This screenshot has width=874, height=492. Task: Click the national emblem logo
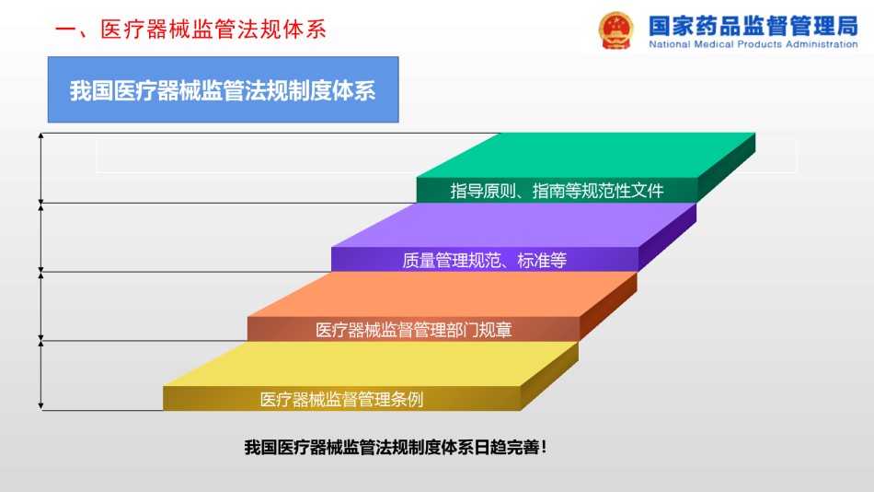click(x=615, y=30)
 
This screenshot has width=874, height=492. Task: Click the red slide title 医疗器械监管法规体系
click(x=190, y=29)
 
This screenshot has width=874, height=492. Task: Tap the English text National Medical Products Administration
click(x=753, y=44)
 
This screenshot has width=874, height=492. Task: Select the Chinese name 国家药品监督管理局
click(x=753, y=25)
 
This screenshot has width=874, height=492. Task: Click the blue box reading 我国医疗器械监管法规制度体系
click(x=223, y=89)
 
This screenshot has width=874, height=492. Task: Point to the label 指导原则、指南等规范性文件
click(x=557, y=191)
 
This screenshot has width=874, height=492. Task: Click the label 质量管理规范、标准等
click(x=484, y=260)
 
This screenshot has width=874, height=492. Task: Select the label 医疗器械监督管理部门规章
click(x=414, y=330)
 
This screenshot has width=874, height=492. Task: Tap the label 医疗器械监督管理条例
click(x=341, y=399)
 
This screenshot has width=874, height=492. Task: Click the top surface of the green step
click(x=585, y=156)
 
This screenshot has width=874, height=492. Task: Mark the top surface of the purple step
click(x=513, y=225)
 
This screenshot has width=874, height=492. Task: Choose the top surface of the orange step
click(x=442, y=294)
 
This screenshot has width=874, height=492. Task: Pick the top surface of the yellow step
click(x=371, y=364)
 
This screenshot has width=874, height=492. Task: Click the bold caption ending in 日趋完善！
click(x=396, y=448)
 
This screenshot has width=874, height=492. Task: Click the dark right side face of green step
click(x=726, y=168)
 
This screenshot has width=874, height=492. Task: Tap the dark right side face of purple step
click(x=667, y=238)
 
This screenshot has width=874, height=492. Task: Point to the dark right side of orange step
click(x=608, y=307)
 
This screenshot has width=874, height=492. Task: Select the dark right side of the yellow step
click(x=549, y=376)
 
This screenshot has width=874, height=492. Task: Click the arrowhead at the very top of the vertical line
click(x=40, y=135)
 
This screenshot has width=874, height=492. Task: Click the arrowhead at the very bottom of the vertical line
click(x=40, y=406)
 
